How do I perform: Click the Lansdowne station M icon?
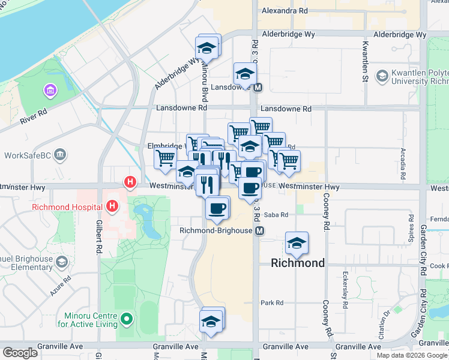(x=258, y=88)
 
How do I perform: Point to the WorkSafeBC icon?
(x=59, y=155)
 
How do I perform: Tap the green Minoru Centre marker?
(x=125, y=318)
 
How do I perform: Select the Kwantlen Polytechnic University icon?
(x=382, y=76)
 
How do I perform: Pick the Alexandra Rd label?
(x=286, y=11)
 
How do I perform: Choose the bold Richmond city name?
(x=298, y=263)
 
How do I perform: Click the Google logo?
(x=20, y=353)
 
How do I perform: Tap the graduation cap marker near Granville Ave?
(x=212, y=321)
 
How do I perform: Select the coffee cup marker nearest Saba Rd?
(x=217, y=208)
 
